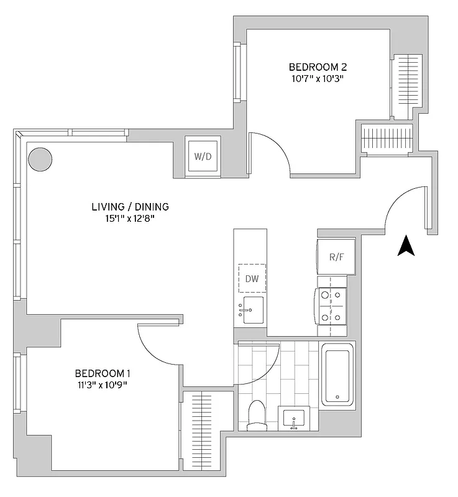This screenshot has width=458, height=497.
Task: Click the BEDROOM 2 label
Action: (318, 67)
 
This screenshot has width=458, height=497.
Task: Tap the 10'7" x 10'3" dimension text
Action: (317, 79)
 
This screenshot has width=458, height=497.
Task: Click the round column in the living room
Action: (40, 159)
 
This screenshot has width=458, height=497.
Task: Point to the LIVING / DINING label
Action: (130, 207)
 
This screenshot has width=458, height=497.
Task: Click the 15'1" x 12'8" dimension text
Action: (130, 219)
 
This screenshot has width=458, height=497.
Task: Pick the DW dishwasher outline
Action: (252, 278)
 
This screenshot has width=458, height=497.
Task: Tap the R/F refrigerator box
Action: (336, 257)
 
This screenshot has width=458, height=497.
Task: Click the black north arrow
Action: (406, 246)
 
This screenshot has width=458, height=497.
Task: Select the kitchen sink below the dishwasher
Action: (252, 309)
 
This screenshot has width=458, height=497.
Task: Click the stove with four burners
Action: (331, 306)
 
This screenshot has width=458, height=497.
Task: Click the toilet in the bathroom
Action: (256, 416)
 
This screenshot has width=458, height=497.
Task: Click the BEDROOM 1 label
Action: (103, 373)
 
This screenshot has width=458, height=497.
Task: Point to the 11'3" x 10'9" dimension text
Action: (103, 385)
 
